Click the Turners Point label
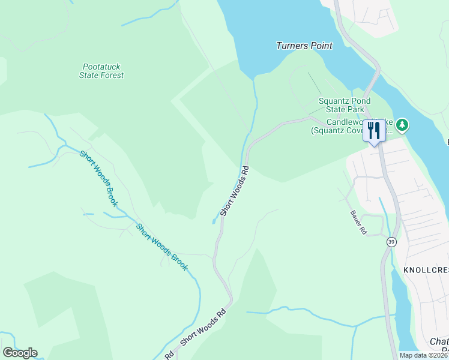pos(304,46)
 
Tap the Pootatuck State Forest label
pos(101,71)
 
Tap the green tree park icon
pos(402,125)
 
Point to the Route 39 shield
pos(391,242)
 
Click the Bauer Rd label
pos(359,222)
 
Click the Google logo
pos(20,353)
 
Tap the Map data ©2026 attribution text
pos(423,355)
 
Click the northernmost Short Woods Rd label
pos(234,192)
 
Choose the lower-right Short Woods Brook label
pos(162,247)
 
